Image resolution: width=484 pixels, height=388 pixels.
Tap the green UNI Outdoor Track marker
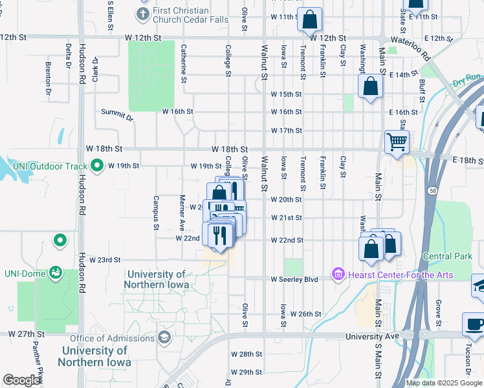click(97, 166)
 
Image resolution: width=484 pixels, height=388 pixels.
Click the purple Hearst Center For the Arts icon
click(338, 275)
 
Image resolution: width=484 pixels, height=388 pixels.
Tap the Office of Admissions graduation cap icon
click(164, 338)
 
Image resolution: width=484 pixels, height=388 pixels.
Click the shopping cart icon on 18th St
click(396, 141)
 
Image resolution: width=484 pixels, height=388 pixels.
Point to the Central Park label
click(447, 257)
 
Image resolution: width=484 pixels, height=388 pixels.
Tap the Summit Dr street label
click(116, 115)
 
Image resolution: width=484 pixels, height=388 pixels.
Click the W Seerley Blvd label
click(294, 279)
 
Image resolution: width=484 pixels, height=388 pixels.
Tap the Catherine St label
click(184, 63)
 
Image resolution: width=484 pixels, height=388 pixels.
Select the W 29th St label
click(246, 372)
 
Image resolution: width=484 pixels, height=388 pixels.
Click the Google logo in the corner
click(21, 380)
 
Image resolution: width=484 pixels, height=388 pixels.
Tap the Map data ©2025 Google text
click(443, 383)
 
